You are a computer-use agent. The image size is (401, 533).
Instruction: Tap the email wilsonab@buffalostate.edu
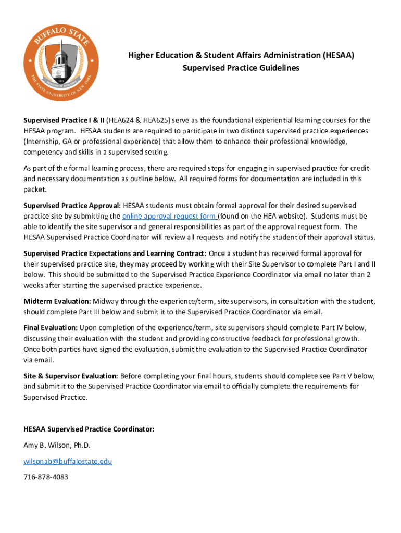point(68,461)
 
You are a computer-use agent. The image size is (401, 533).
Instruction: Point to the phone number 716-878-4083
point(46,477)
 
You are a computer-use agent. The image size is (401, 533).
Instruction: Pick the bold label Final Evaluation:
point(51,327)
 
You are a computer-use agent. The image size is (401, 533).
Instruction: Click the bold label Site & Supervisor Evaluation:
point(71,376)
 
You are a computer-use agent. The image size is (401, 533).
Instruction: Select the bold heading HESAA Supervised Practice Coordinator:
point(89,429)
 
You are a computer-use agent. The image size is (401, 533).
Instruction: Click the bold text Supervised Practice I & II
point(64,120)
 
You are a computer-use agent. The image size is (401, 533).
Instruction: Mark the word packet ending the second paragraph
point(35,190)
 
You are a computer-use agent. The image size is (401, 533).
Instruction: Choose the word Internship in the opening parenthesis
point(44,142)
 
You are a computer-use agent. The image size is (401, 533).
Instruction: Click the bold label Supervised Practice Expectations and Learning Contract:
point(115,253)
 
